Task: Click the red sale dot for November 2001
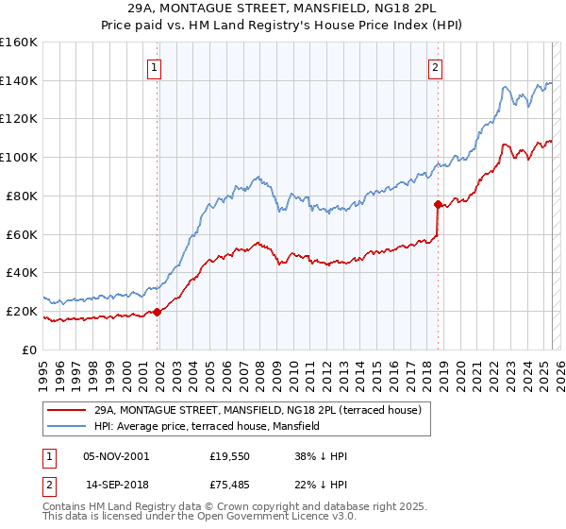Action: [158, 312]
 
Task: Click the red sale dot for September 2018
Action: [438, 204]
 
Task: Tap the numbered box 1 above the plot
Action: [154, 67]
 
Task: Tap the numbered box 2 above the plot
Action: [435, 67]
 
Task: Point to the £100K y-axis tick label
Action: [18, 157]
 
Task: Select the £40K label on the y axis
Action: [22, 272]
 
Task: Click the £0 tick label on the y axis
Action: [29, 350]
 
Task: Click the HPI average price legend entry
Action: [207, 426]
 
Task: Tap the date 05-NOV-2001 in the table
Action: [117, 456]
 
